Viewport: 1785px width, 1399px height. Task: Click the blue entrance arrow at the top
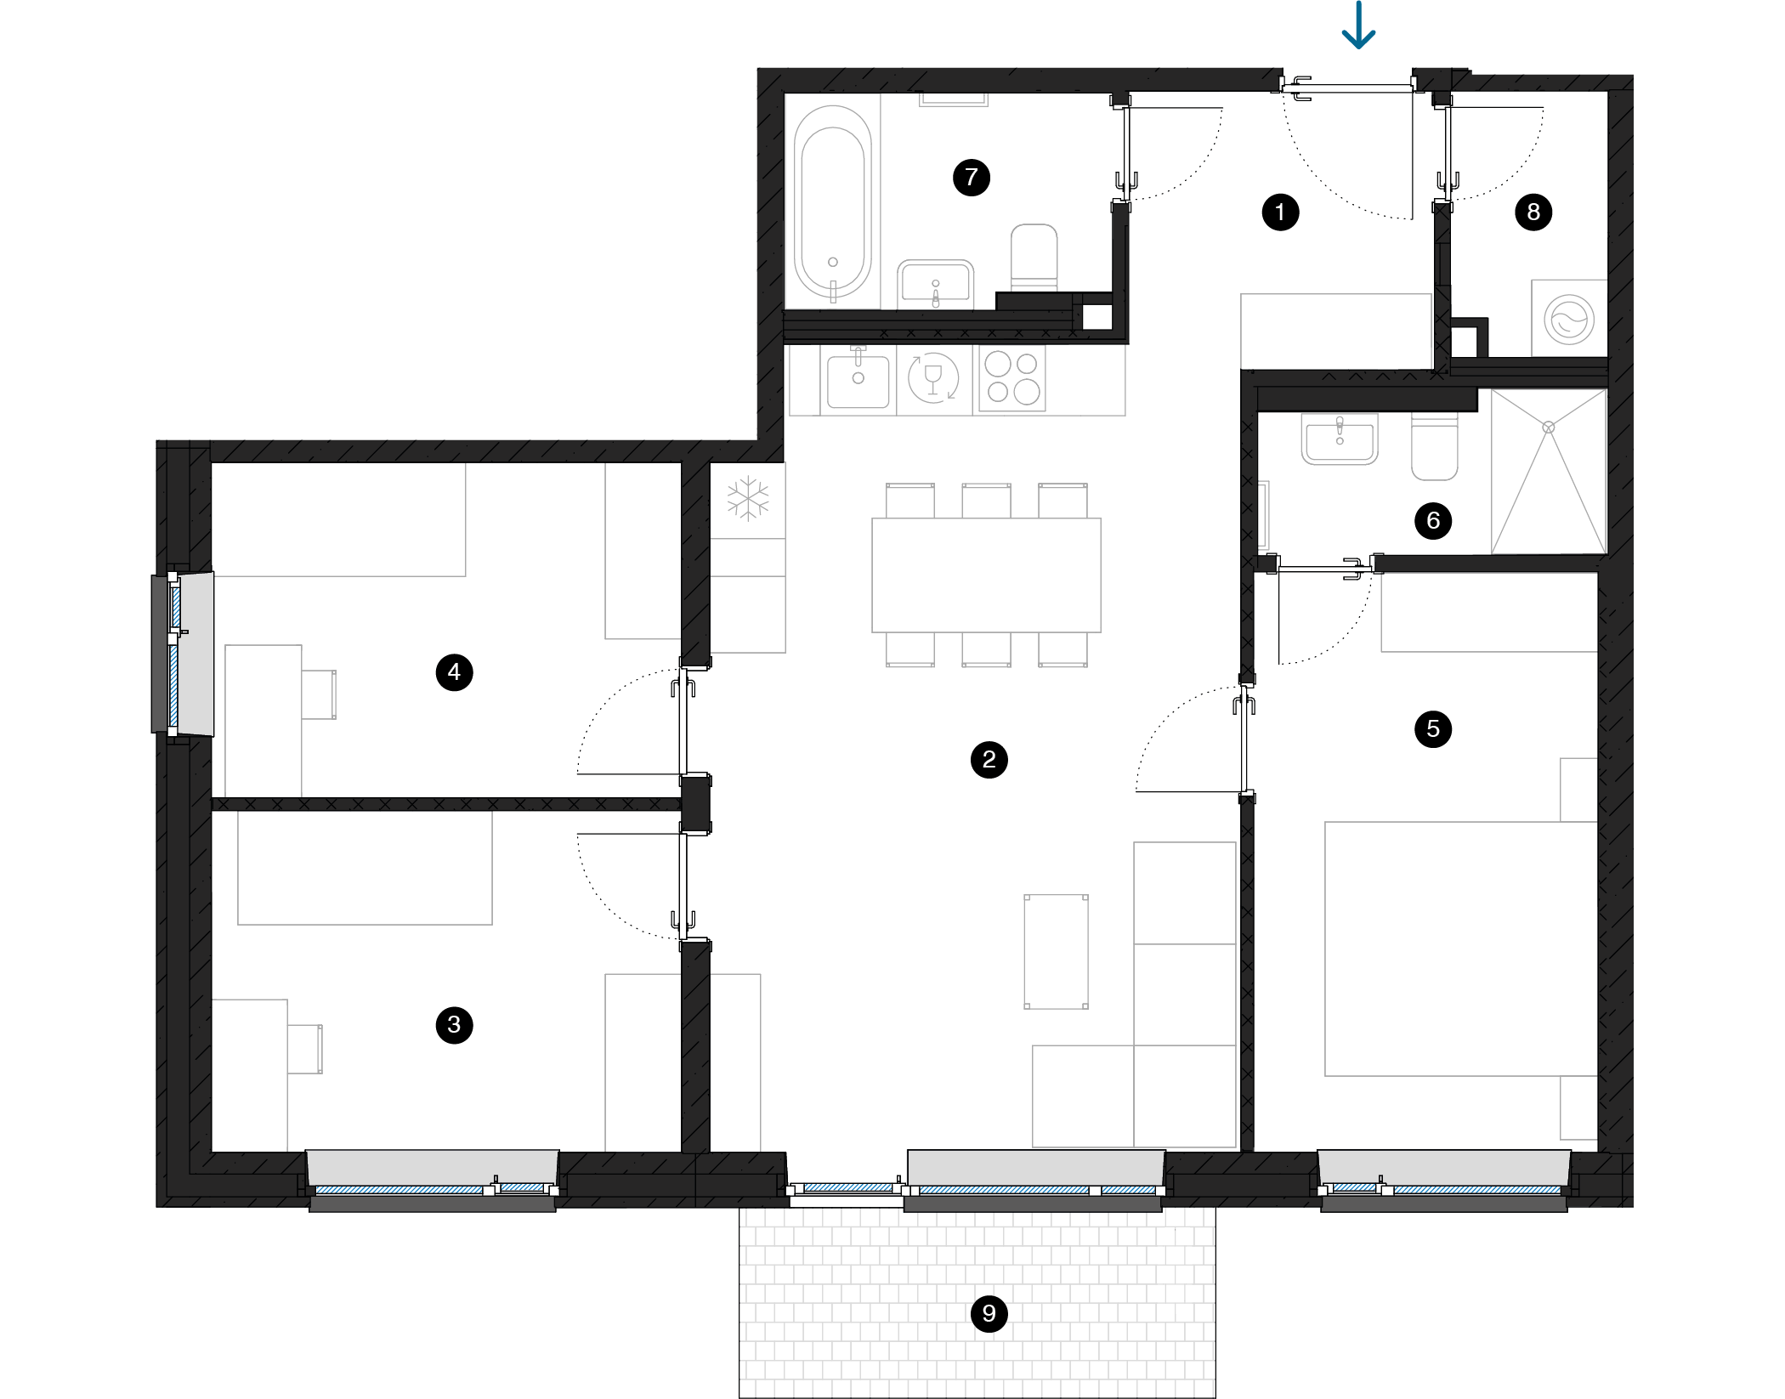[1358, 25]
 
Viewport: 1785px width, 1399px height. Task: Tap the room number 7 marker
[971, 178]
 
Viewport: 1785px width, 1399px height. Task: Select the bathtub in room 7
[833, 201]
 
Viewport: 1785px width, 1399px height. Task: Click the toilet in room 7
[1034, 258]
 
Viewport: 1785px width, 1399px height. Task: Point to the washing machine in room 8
[1569, 319]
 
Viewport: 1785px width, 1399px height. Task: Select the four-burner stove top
[1011, 377]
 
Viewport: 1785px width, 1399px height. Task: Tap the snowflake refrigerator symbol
[748, 499]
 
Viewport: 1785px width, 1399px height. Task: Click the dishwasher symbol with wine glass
[933, 377]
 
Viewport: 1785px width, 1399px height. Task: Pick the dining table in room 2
[986, 575]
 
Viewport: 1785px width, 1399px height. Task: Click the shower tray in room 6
[1549, 472]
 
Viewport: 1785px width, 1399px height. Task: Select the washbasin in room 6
[1340, 439]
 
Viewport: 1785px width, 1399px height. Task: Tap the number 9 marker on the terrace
[989, 1313]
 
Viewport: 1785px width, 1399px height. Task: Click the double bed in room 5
[1461, 949]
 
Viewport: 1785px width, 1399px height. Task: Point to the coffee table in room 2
[1056, 951]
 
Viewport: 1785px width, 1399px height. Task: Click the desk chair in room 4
[319, 694]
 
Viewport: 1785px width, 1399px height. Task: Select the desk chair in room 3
[305, 1049]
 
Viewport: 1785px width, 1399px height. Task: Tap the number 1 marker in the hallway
[1280, 212]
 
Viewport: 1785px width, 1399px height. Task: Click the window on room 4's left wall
[182, 654]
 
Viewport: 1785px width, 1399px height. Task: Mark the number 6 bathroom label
[1433, 520]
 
